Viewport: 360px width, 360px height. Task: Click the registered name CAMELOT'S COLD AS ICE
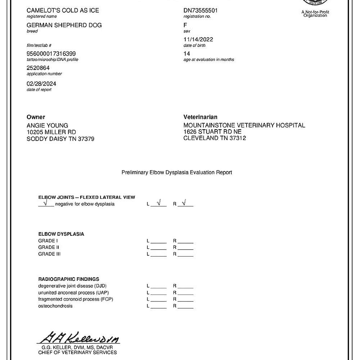[63, 10]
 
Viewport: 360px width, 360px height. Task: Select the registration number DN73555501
[201, 10]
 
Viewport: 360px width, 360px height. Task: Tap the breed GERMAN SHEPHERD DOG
[64, 25]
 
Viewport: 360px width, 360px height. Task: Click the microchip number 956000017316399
[51, 54]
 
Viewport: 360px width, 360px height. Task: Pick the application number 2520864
[38, 68]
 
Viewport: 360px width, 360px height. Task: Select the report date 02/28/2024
[41, 84]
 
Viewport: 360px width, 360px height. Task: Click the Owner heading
[36, 117]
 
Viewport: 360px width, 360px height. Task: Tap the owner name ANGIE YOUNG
[47, 125]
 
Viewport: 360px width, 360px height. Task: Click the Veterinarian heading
[201, 117]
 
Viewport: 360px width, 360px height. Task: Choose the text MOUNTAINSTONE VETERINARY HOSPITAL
[244, 125]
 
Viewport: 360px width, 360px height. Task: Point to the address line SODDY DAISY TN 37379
[60, 139]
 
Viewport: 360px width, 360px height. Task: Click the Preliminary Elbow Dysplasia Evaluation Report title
[177, 172]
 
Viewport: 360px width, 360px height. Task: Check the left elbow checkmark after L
[159, 203]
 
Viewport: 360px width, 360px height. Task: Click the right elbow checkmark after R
[184, 203]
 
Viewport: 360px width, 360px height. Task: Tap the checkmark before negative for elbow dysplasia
[45, 203]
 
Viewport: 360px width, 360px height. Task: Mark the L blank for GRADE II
[158, 248]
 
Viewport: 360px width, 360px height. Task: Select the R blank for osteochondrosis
[185, 306]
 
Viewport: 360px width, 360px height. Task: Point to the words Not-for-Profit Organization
[315, 14]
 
